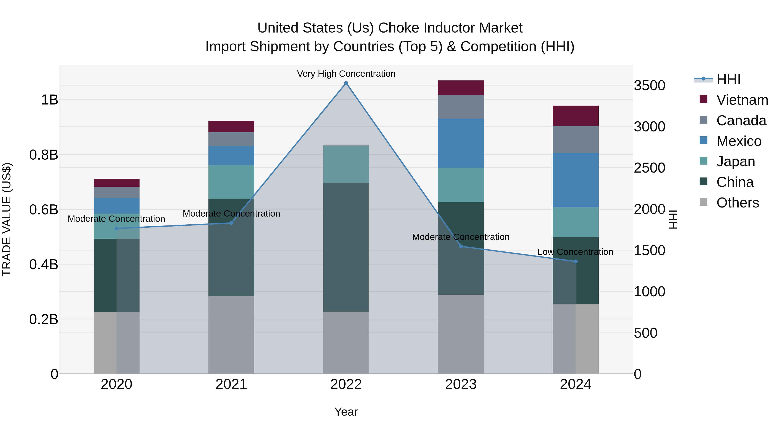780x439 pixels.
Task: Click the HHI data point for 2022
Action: pos(346,83)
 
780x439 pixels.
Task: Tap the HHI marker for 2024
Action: pos(576,261)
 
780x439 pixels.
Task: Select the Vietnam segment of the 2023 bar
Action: pos(461,88)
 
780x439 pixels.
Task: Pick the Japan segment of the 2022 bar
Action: pos(346,164)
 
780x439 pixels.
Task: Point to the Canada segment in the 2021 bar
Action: pos(231,139)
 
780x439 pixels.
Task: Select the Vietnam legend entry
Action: pos(742,100)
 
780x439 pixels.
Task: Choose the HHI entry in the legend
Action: pos(728,79)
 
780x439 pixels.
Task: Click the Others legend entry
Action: pos(737,203)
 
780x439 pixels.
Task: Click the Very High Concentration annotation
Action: pos(346,74)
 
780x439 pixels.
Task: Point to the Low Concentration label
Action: pos(575,252)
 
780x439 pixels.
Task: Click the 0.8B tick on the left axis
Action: pos(44,155)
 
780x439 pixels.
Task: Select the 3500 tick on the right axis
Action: pos(650,85)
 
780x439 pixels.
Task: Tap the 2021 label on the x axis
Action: pos(231,384)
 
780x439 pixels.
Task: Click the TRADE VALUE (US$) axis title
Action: pos(7,219)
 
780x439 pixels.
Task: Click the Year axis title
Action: pos(346,412)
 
